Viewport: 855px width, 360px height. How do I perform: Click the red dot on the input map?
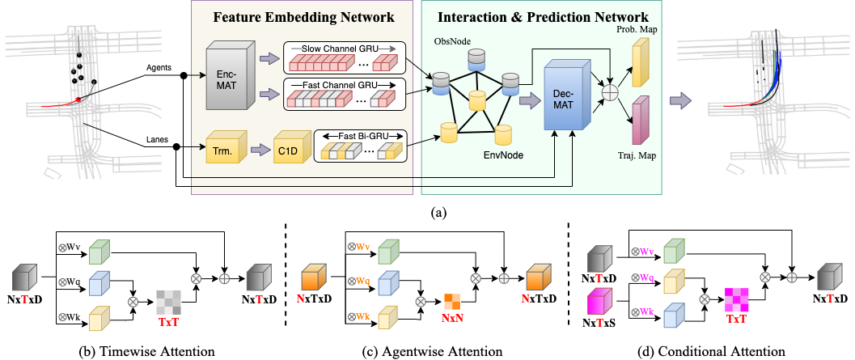(78, 99)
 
